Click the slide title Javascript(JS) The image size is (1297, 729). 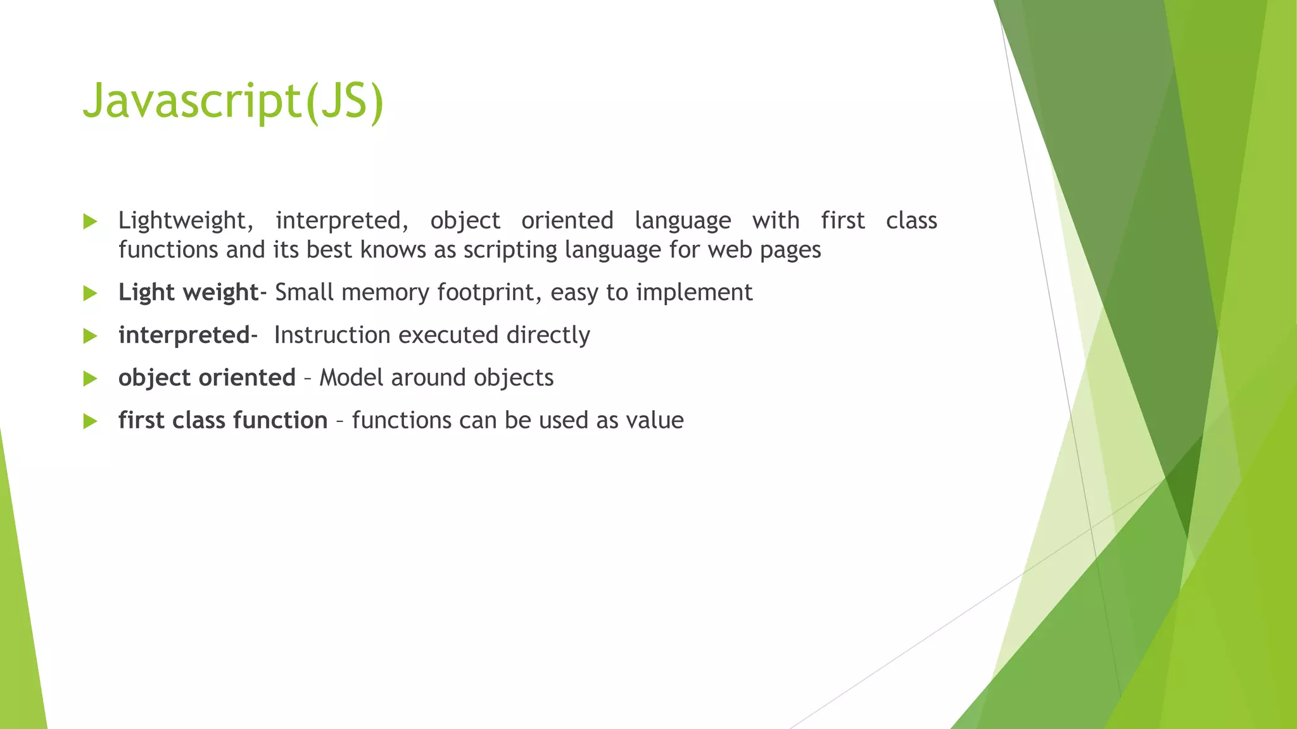[233, 101]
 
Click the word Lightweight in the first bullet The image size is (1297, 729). [186, 221]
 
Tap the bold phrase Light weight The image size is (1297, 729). [188, 292]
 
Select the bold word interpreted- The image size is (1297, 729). [187, 335]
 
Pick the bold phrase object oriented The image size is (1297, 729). [207, 378]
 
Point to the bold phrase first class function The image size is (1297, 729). [223, 420]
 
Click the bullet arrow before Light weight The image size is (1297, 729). [90, 293]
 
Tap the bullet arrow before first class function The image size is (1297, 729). [90, 421]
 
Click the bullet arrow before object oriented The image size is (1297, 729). [90, 378]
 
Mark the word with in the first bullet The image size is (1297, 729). [776, 221]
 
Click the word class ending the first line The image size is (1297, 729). [911, 221]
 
